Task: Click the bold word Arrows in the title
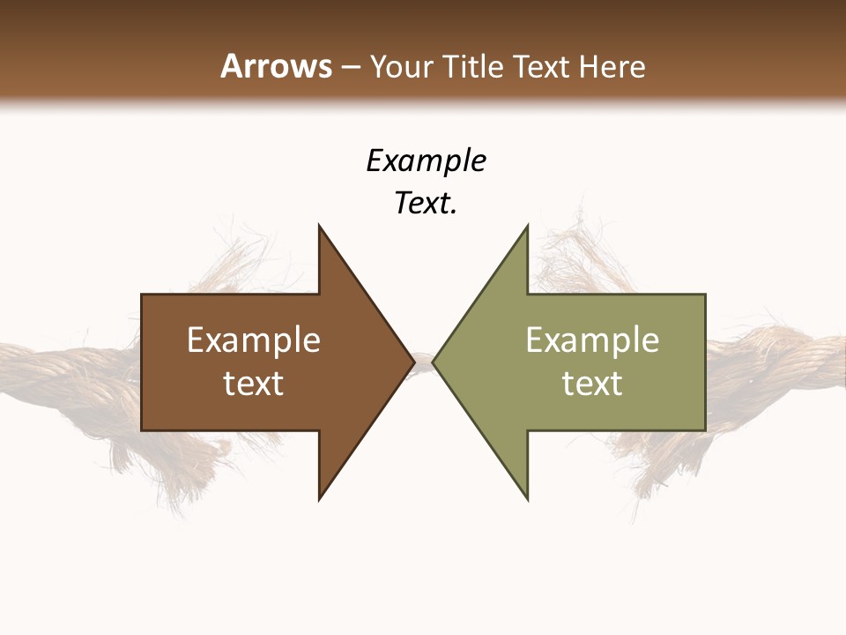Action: click(x=276, y=66)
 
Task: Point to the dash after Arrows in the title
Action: click(x=350, y=67)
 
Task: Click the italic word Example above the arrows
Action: click(x=426, y=161)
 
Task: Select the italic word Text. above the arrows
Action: click(x=426, y=204)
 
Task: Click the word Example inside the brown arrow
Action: click(x=254, y=340)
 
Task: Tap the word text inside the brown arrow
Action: click(x=254, y=384)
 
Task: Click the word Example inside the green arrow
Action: click(x=592, y=340)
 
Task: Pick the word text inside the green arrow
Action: click(x=592, y=384)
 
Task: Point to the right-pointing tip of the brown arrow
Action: click(x=412, y=362)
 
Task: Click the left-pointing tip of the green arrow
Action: click(x=434, y=362)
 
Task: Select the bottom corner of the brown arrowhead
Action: click(x=320, y=497)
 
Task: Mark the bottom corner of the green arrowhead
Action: click(x=527, y=497)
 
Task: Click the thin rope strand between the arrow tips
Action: click(x=423, y=361)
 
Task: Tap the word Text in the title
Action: click(x=538, y=66)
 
